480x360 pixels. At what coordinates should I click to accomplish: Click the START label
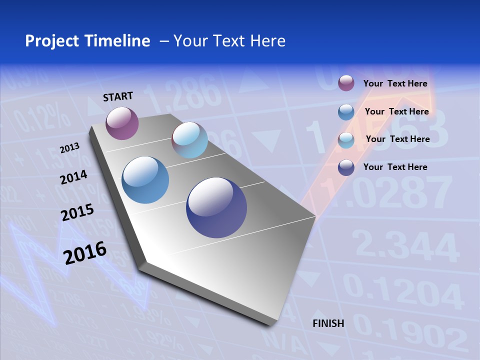click(x=118, y=96)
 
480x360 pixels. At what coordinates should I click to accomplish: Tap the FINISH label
click(x=328, y=323)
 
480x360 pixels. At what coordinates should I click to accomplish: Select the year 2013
click(x=70, y=148)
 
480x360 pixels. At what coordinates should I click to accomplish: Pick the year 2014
click(x=74, y=177)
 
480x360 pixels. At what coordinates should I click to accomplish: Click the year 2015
click(x=77, y=212)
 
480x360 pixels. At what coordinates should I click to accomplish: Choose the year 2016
click(x=85, y=252)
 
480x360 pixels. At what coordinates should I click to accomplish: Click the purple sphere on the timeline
click(x=122, y=123)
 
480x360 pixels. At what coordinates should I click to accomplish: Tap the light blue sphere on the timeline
click(x=189, y=140)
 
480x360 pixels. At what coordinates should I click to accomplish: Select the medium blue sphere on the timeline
click(x=145, y=180)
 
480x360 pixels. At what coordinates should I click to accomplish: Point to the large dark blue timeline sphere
click(x=216, y=207)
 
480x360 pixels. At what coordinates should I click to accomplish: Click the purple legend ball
click(x=346, y=83)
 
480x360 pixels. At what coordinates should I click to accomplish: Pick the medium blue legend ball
click(x=346, y=112)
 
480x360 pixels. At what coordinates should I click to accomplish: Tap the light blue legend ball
click(x=346, y=140)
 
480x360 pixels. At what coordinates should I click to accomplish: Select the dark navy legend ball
click(x=346, y=167)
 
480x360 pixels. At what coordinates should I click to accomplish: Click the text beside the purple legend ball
click(x=395, y=83)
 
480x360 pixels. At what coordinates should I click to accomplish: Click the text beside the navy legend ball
click(x=395, y=167)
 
